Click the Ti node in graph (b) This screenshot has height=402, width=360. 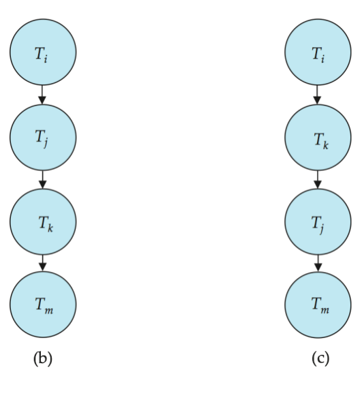click(x=43, y=52)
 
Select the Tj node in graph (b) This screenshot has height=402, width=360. click(x=43, y=138)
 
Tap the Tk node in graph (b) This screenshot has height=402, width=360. click(x=43, y=221)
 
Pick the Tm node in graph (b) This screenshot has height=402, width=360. click(x=43, y=305)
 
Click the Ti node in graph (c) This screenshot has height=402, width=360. click(x=318, y=52)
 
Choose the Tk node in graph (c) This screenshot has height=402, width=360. click(x=318, y=138)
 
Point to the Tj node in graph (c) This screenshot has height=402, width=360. click(x=318, y=221)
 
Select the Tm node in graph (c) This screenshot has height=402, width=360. click(x=318, y=305)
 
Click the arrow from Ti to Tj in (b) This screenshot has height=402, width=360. click(x=42, y=95)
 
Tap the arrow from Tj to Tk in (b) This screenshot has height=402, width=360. click(x=43, y=179)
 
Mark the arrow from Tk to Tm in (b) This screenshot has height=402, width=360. click(x=43, y=263)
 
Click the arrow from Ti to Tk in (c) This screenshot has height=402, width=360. click(x=318, y=95)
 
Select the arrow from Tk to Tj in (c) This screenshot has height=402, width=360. click(x=318, y=179)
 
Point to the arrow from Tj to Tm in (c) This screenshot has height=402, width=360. click(x=318, y=263)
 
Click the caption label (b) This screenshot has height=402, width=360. click(x=43, y=358)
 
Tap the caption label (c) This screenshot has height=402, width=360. click(x=320, y=358)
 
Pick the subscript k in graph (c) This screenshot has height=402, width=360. click(x=325, y=145)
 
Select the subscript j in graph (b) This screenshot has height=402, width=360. click(x=46, y=142)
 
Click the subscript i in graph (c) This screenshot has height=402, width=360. click(x=322, y=59)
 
